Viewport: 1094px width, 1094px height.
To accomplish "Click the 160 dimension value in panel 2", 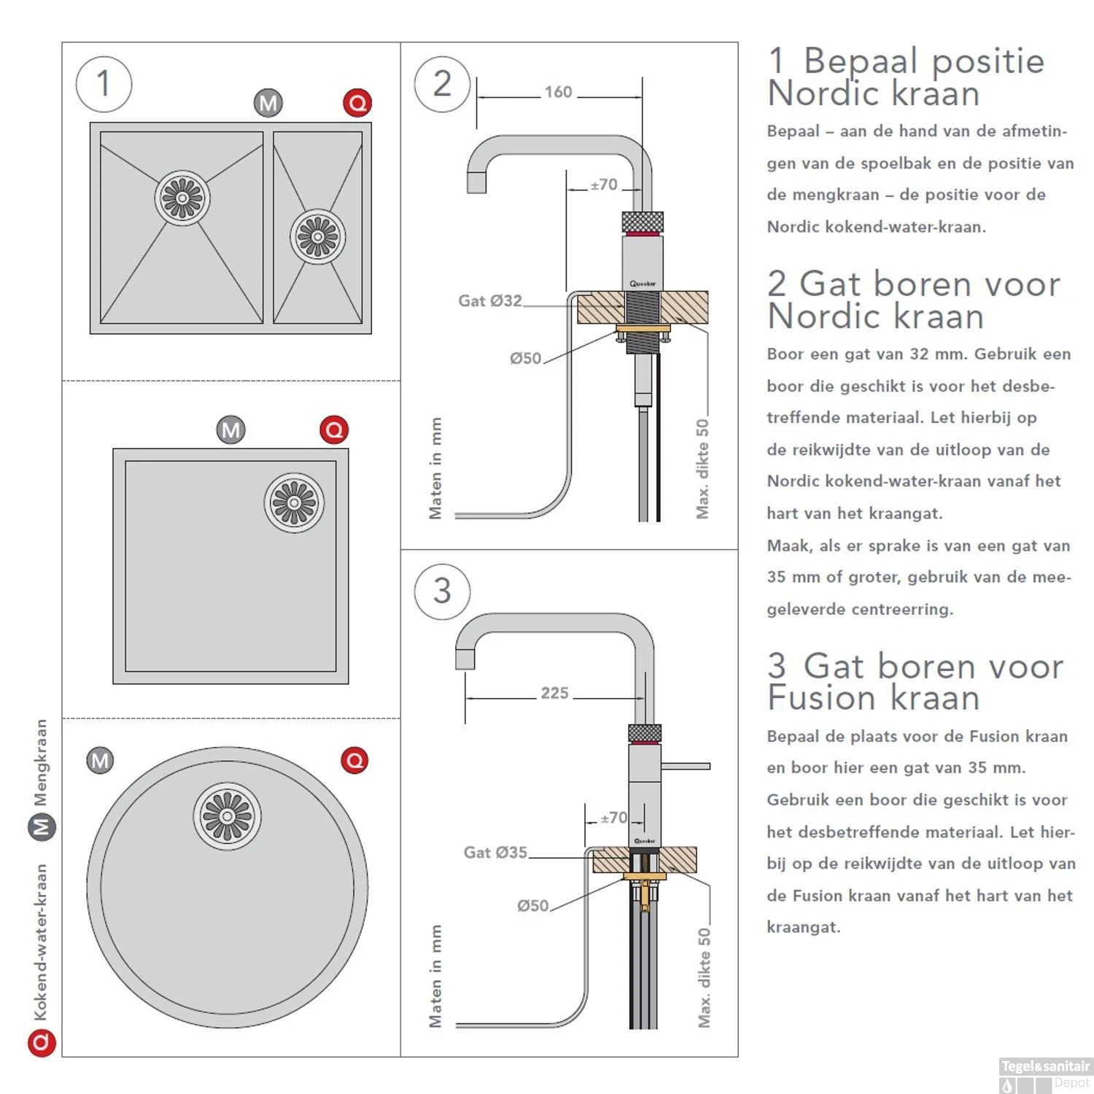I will click(558, 93).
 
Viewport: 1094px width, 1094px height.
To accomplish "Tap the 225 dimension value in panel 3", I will click(554, 693).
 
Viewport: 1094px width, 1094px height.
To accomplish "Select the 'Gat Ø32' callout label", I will click(489, 300).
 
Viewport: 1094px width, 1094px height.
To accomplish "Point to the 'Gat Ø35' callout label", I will click(495, 852).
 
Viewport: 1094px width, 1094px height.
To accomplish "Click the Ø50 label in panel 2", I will click(525, 358).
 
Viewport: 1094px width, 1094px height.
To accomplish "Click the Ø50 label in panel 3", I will click(532, 906).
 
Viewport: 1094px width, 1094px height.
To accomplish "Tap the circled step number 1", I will click(104, 84).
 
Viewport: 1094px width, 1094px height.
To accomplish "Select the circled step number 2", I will click(442, 84).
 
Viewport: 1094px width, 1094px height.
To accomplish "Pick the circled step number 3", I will click(442, 591).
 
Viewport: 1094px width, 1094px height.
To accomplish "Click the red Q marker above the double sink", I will click(357, 104).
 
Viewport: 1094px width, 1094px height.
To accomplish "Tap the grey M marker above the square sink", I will click(231, 430).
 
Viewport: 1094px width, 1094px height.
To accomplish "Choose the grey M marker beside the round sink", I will click(100, 761).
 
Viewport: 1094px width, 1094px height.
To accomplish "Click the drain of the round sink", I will click(227, 815).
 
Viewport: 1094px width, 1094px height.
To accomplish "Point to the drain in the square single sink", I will click(294, 503).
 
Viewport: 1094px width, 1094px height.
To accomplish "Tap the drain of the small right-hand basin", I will click(317, 236).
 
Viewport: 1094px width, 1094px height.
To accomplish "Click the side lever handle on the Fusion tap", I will click(686, 766).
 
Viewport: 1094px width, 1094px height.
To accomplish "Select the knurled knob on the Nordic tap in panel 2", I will click(643, 221).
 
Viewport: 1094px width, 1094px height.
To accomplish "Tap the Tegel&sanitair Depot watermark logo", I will click(1045, 1074).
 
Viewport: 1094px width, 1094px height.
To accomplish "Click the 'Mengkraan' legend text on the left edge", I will click(41, 762).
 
